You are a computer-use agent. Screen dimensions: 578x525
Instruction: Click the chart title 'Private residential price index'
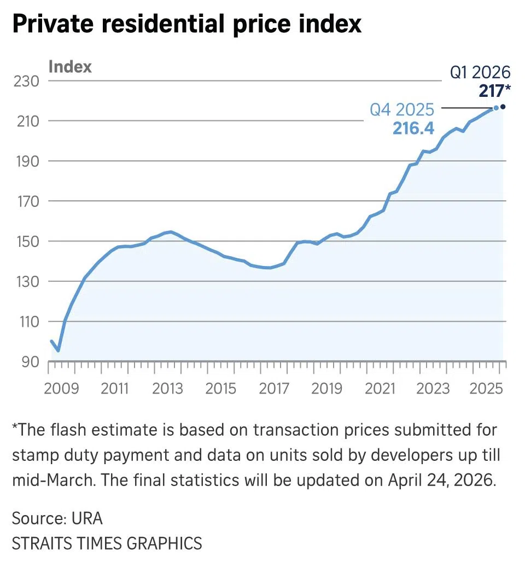(186, 25)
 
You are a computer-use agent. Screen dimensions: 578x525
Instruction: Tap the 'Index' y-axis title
(70, 67)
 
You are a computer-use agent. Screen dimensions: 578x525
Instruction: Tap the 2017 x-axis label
(274, 389)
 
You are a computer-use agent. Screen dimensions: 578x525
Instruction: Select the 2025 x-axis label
(486, 389)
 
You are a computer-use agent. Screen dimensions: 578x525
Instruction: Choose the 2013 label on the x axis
(168, 389)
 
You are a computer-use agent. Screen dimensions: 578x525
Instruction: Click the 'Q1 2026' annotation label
(480, 72)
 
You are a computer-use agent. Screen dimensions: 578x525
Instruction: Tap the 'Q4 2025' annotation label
(402, 109)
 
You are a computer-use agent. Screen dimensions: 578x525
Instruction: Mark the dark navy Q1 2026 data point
(503, 107)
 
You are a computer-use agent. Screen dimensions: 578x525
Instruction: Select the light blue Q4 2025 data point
(496, 108)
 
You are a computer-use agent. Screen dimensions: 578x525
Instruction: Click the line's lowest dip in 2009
(58, 350)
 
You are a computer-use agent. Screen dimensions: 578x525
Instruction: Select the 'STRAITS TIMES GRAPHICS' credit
(107, 544)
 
